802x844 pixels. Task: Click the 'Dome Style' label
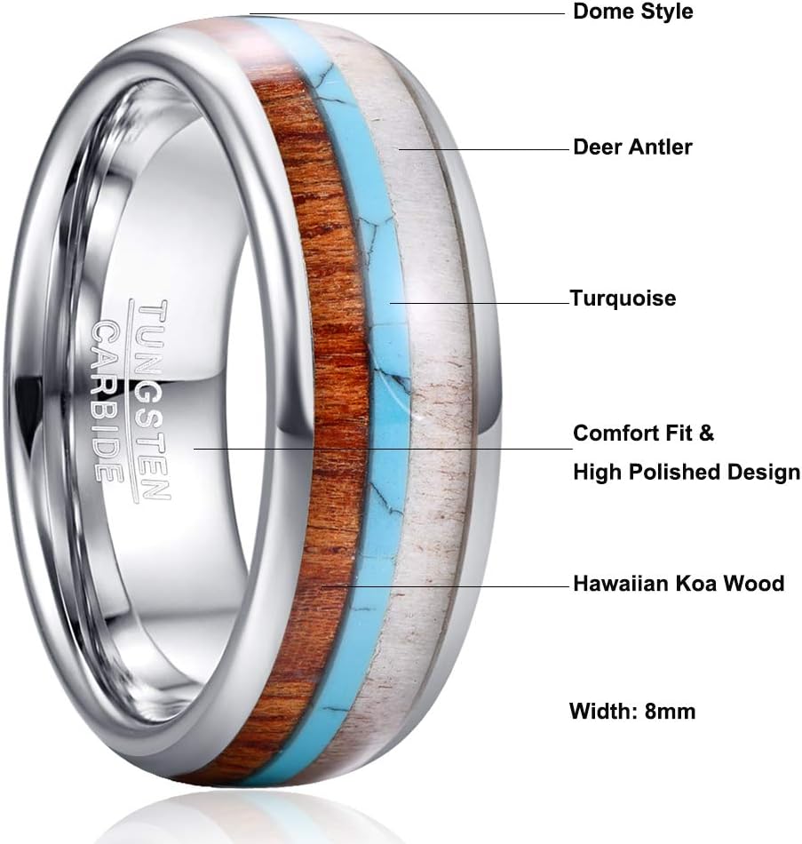coord(632,12)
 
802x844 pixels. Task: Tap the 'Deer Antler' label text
coord(632,147)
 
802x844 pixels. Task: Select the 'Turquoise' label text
coord(624,299)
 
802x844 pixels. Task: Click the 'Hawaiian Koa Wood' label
coord(679,584)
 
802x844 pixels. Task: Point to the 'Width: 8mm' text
coord(632,711)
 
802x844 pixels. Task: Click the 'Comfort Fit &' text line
coord(643,434)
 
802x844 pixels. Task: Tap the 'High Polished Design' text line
coord(686,473)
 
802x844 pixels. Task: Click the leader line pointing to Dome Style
coord(409,14)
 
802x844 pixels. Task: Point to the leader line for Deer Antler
coord(484,149)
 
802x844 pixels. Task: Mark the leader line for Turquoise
coord(480,302)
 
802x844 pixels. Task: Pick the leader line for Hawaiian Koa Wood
coord(444,586)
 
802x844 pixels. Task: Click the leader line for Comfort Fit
coord(382,449)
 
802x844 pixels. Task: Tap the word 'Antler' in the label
coord(660,147)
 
